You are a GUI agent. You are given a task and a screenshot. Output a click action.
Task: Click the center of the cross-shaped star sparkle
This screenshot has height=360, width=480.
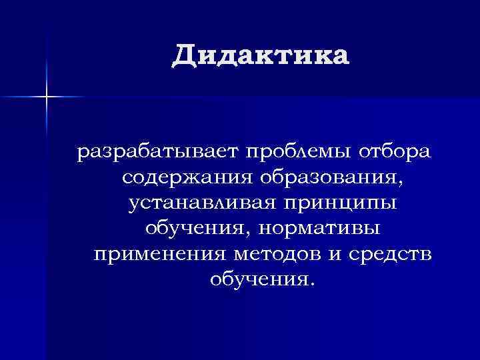pos(47,97)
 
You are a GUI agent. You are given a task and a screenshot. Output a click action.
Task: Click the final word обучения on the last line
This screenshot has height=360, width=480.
pos(256,279)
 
